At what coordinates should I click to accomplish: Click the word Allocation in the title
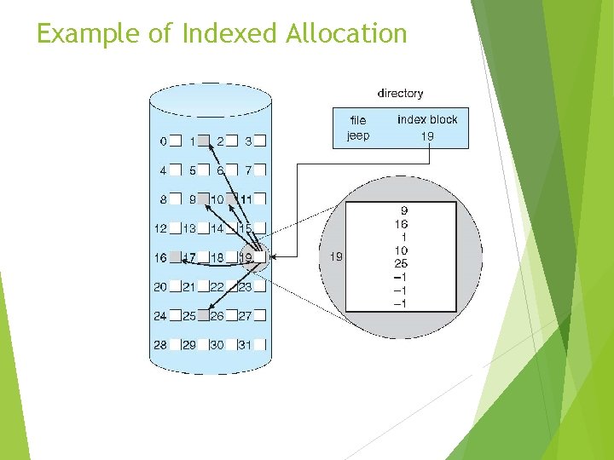[x=347, y=34]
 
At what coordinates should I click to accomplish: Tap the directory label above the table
[x=400, y=93]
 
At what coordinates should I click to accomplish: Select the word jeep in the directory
[x=358, y=135]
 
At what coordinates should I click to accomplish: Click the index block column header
[x=427, y=119]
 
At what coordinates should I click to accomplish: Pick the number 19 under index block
[x=427, y=135]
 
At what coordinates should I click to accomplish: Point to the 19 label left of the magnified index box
[x=337, y=256]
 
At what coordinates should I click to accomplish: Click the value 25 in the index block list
[x=401, y=263]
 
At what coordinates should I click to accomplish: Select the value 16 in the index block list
[x=401, y=223]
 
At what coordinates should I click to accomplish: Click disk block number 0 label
[x=163, y=141]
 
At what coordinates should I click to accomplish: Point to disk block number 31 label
[x=244, y=345]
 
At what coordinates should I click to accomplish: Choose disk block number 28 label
[x=160, y=345]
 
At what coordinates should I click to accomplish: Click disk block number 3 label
[x=248, y=141]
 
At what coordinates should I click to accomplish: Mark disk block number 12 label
[x=160, y=228]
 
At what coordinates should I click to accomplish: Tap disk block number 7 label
[x=248, y=170]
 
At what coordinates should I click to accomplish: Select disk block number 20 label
[x=160, y=287]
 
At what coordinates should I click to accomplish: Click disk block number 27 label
[x=245, y=316]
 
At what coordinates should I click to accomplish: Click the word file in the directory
[x=358, y=120]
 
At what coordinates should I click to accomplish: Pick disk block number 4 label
[x=163, y=170]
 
